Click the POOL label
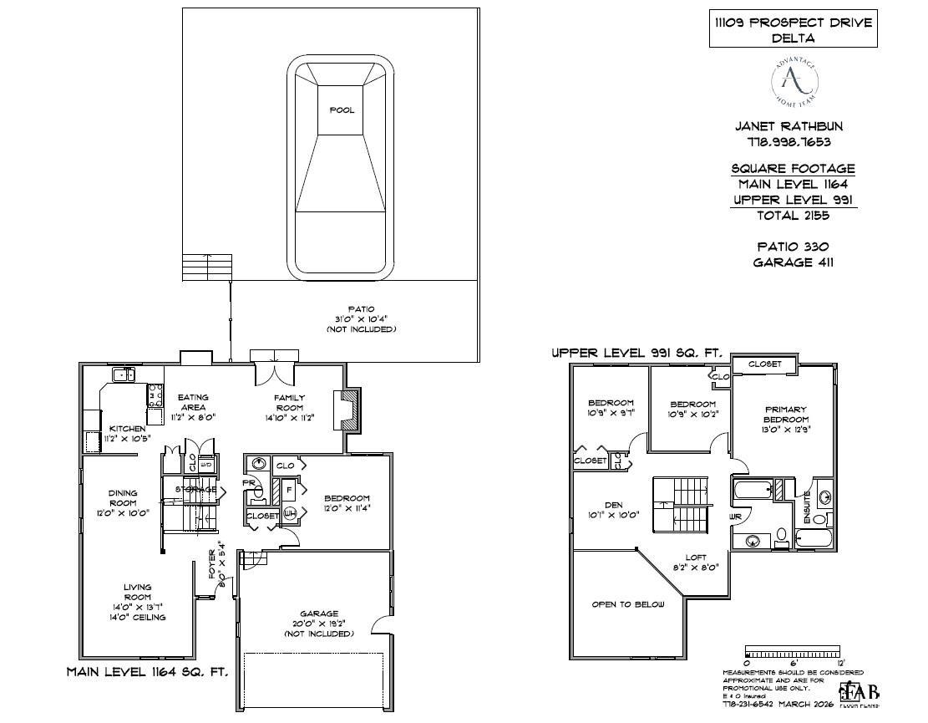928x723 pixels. (x=341, y=110)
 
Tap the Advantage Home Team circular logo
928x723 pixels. (x=794, y=81)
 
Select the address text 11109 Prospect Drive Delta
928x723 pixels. (x=793, y=30)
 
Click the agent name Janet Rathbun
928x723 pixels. (x=788, y=127)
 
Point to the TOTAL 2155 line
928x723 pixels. (x=782, y=216)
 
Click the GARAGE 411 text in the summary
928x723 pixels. (x=793, y=262)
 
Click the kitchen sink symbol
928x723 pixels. (x=124, y=375)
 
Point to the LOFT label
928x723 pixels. (x=696, y=558)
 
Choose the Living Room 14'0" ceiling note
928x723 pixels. (x=138, y=618)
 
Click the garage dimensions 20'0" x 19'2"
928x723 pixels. (x=320, y=624)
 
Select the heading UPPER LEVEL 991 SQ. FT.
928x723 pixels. (x=636, y=354)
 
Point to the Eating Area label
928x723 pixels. (x=193, y=402)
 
